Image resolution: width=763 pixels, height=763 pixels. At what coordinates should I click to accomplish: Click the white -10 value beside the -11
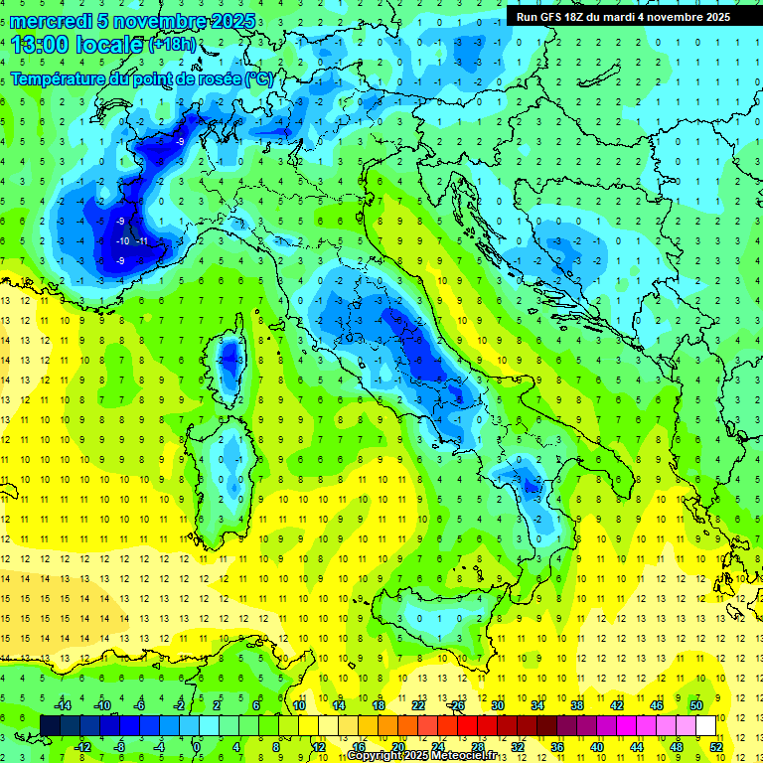tap(122, 241)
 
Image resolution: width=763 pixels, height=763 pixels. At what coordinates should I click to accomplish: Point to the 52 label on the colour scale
tap(716, 746)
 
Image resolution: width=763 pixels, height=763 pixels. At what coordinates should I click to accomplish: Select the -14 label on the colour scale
tap(63, 705)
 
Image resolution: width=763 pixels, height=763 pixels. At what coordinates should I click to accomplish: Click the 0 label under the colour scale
tap(197, 746)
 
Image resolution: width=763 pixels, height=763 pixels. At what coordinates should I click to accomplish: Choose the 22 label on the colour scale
tap(418, 705)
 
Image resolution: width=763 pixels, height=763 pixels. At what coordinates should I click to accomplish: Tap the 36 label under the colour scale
tap(557, 746)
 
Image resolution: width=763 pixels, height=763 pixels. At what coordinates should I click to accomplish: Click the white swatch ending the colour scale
tap(706, 725)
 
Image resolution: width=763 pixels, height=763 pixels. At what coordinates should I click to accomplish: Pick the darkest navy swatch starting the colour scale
tap(50, 725)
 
